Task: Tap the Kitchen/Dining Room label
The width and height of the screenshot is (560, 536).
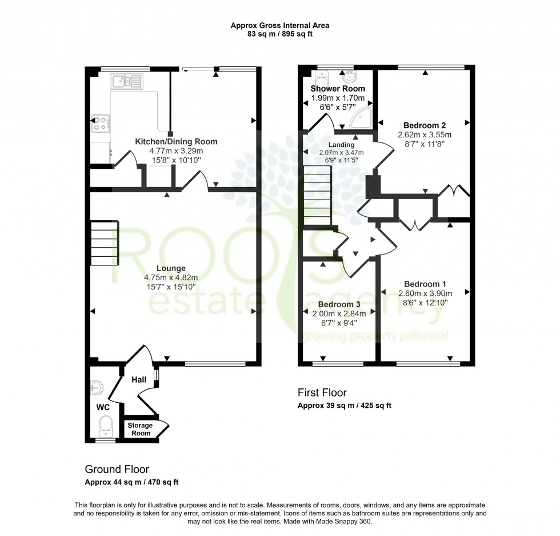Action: click(x=176, y=141)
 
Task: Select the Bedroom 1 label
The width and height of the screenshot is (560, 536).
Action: click(x=425, y=284)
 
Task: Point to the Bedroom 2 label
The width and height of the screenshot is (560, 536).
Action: click(x=425, y=125)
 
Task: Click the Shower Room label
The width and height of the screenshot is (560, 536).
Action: click(x=337, y=89)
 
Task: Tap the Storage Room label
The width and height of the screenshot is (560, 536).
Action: click(x=140, y=429)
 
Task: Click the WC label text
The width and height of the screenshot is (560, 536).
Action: click(x=103, y=408)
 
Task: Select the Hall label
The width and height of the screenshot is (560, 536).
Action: click(x=139, y=379)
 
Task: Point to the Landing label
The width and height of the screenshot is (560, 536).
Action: click(x=341, y=145)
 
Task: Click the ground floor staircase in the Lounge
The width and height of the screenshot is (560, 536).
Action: click(x=105, y=243)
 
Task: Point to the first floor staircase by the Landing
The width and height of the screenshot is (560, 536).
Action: click(x=317, y=195)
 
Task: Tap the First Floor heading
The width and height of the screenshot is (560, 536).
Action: click(x=322, y=392)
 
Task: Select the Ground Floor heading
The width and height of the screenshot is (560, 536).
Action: click(x=117, y=469)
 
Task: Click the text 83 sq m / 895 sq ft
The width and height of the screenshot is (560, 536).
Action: click(x=279, y=34)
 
